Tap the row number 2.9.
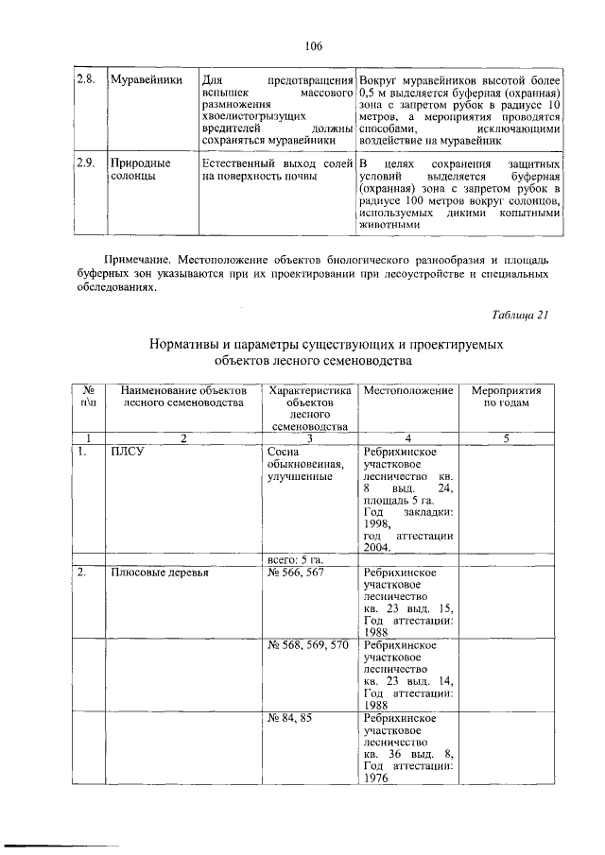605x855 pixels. pyautogui.click(x=86, y=164)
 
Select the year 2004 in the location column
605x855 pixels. pyautogui.click(x=378, y=548)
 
